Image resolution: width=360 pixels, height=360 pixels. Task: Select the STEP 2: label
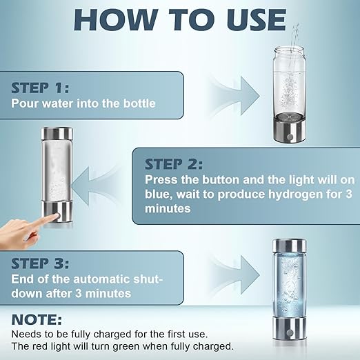[174, 164]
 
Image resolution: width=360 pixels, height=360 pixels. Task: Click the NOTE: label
[36, 321]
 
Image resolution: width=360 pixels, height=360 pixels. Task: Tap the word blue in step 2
[158, 194]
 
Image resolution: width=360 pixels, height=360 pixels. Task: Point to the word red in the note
[39, 346]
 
